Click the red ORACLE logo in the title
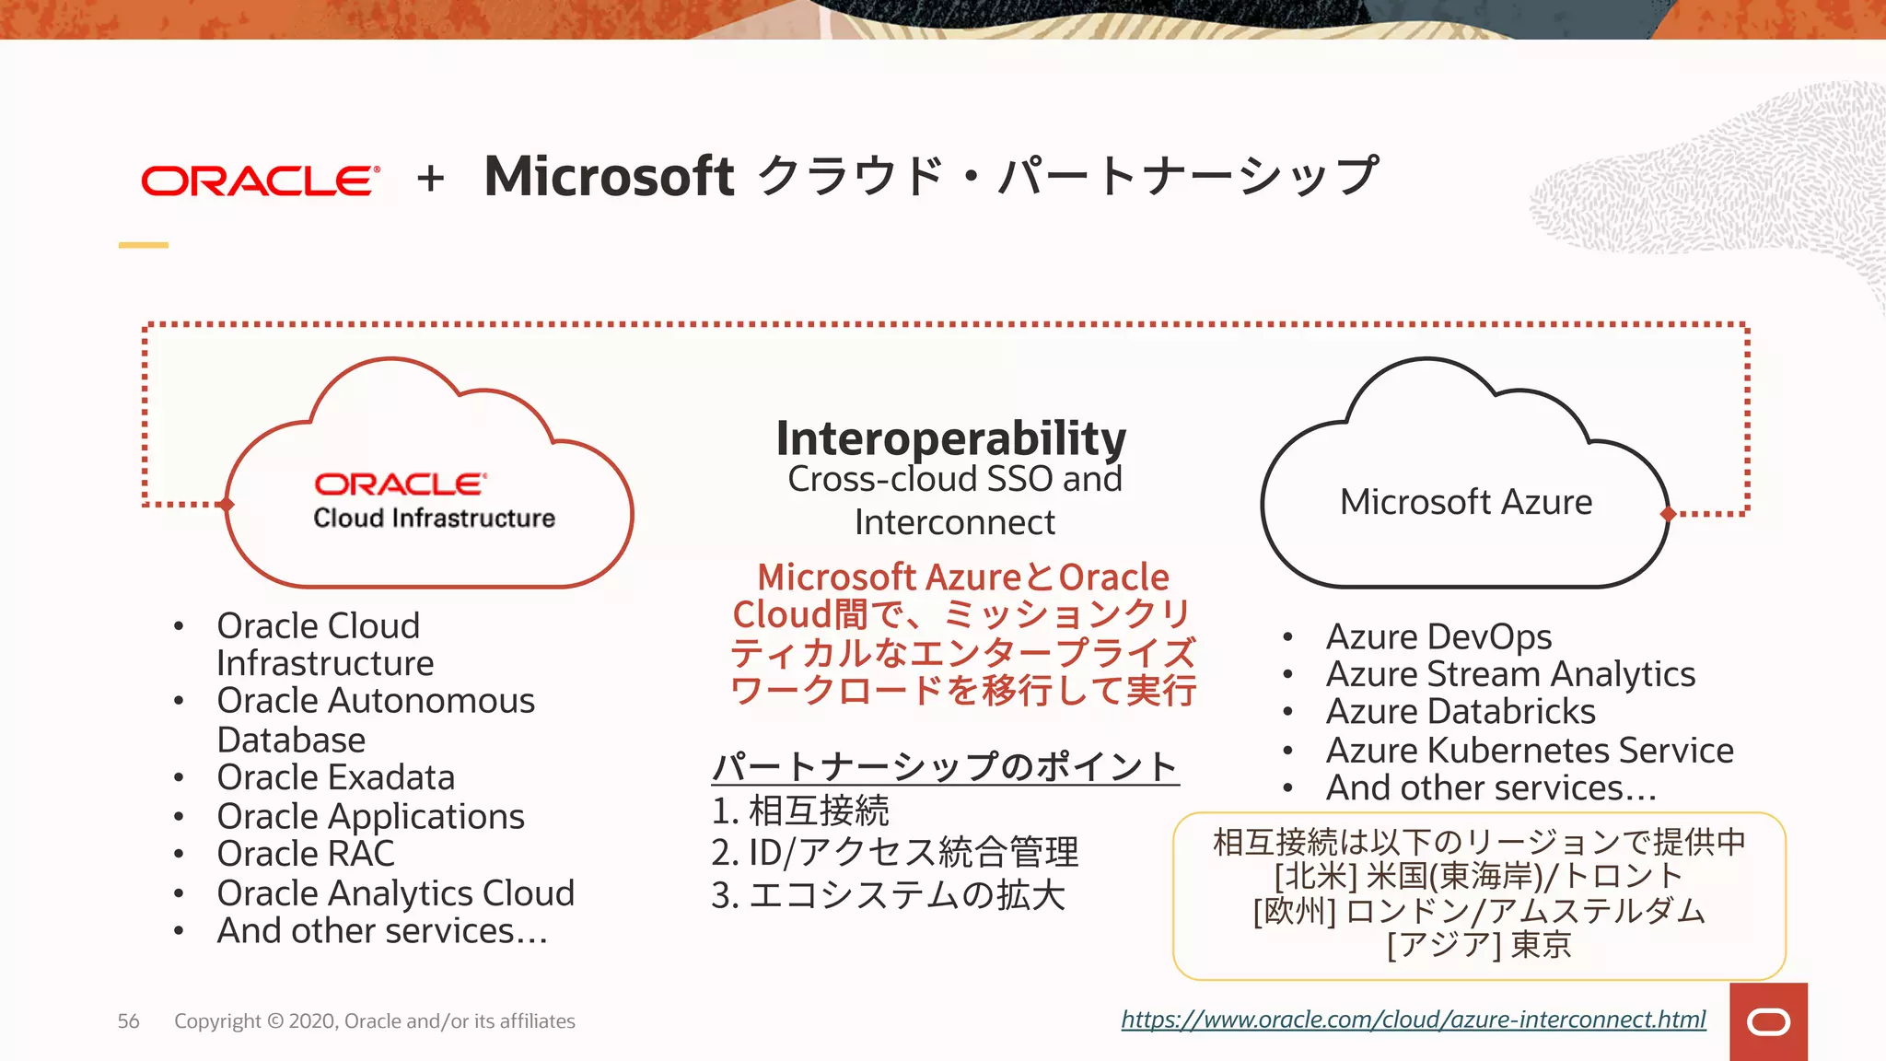(260, 181)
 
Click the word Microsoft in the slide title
(609, 176)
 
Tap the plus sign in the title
(430, 179)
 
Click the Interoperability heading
(950, 438)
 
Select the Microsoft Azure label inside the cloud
(1465, 502)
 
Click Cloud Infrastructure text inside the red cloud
(434, 519)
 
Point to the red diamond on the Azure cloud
(1668, 514)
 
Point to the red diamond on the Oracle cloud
(227, 504)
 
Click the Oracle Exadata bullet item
(335, 777)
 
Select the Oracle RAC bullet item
(306, 854)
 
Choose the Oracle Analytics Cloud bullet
(395, 892)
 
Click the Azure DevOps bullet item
(1438, 636)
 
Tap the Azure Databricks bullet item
(1461, 712)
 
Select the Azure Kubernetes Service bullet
(1529, 750)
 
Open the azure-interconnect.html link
(1413, 1020)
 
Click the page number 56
(129, 1020)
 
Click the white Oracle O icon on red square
(1768, 1022)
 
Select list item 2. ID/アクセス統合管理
(894, 852)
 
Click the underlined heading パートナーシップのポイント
(945, 766)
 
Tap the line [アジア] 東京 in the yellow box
(1479, 945)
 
